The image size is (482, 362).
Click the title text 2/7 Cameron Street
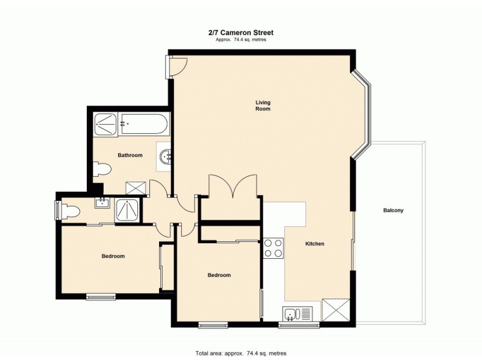click(240, 34)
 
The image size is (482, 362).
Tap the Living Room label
click(263, 106)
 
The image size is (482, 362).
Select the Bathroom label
click(130, 155)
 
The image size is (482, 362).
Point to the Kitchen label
click(315, 244)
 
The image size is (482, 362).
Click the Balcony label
click(393, 211)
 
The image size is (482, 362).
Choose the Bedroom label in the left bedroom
click(113, 256)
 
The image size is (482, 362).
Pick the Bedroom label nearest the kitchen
click(219, 275)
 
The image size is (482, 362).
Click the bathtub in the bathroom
click(144, 124)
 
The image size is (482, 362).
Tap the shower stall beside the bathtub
click(106, 124)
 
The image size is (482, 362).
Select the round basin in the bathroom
click(165, 158)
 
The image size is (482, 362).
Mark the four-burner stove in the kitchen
click(274, 248)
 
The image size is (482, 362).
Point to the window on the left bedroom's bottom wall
click(101, 296)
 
